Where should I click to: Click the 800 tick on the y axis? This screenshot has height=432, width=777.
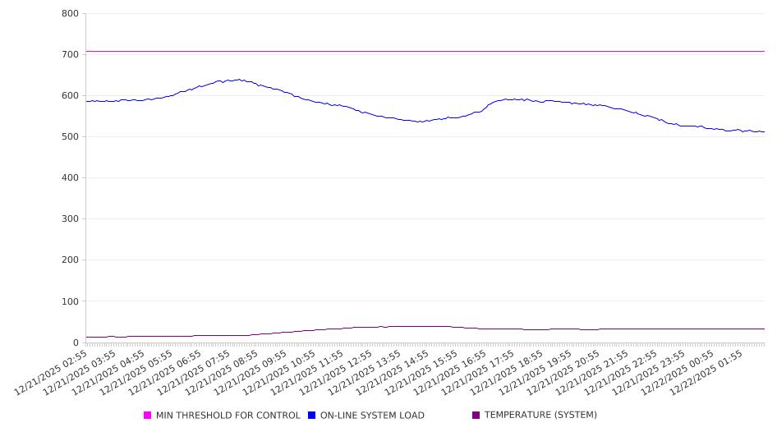click(x=70, y=14)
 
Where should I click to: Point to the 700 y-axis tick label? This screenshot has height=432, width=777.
click(x=70, y=55)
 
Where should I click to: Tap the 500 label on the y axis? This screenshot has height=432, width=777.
click(x=70, y=137)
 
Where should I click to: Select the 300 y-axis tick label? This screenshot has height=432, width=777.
click(x=70, y=219)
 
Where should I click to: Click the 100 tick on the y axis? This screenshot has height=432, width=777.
click(x=70, y=301)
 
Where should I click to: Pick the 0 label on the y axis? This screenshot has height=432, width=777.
click(x=75, y=342)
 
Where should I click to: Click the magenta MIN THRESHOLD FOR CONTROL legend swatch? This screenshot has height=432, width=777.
click(x=148, y=416)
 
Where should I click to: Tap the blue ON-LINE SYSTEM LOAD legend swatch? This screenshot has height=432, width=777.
click(x=312, y=416)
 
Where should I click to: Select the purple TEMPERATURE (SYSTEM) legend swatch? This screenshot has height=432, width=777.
click(x=476, y=416)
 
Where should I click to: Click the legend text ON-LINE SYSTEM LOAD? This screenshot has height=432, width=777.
click(x=372, y=416)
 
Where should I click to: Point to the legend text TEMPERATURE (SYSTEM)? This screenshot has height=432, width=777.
click(x=540, y=416)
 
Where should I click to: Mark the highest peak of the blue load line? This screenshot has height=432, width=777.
click(x=239, y=80)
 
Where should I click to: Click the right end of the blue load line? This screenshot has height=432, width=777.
click(x=764, y=131)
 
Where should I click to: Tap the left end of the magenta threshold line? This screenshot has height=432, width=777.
click(x=86, y=51)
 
